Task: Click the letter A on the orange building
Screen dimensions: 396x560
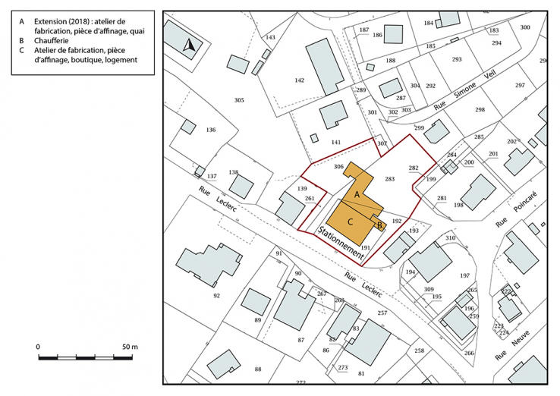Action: tap(357, 195)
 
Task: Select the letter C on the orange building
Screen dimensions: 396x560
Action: tap(351, 222)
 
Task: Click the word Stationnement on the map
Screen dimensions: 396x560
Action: tap(339, 244)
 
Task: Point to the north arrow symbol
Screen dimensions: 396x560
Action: tap(190, 46)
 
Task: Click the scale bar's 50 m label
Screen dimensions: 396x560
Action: tap(128, 347)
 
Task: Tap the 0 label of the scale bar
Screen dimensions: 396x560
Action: tap(39, 347)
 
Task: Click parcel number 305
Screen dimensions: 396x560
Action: tap(239, 100)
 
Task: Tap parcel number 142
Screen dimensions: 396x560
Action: tap(299, 80)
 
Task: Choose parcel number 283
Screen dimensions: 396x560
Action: tap(390, 179)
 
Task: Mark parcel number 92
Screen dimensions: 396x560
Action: tap(216, 296)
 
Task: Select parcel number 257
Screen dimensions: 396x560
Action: tap(382, 313)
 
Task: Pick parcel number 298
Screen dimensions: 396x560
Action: tap(480, 110)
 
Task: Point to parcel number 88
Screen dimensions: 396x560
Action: tap(258, 369)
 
